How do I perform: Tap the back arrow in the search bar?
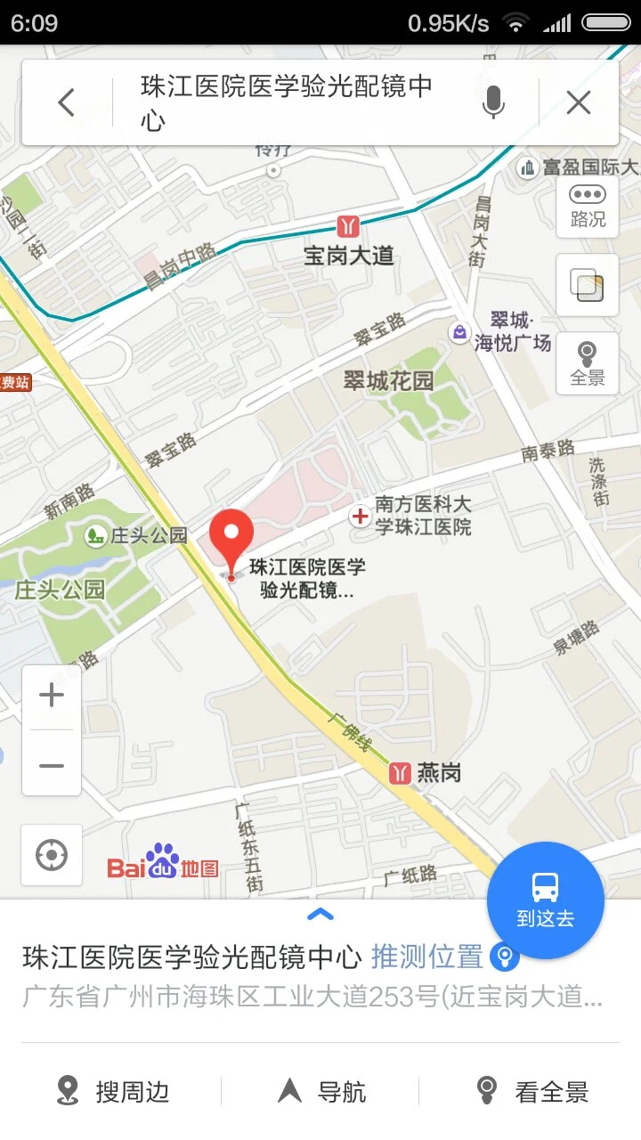tap(67, 103)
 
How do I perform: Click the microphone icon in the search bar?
tap(493, 103)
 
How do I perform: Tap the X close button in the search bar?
tap(579, 103)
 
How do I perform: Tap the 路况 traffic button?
tap(588, 207)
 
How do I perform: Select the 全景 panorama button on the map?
tap(588, 363)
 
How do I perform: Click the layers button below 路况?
tap(588, 285)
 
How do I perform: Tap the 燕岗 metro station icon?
tap(401, 773)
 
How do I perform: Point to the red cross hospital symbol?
tap(361, 516)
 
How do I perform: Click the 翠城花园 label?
tap(389, 381)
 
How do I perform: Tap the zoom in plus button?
tap(52, 696)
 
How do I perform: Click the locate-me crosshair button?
tap(52, 856)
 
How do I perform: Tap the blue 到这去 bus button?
tap(545, 900)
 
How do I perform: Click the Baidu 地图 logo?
tap(163, 862)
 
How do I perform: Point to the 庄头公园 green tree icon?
tap(94, 536)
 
